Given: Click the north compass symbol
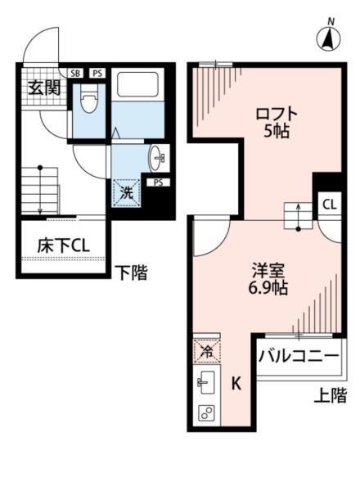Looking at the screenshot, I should [x=329, y=36].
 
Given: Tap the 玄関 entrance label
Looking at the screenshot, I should [x=46, y=88].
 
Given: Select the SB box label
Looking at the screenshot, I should [x=75, y=74].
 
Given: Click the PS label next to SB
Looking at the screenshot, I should [x=96, y=74].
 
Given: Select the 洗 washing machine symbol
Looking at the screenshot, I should [x=128, y=193].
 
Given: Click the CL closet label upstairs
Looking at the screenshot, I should [x=329, y=204].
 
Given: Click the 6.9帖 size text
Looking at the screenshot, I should [x=269, y=289].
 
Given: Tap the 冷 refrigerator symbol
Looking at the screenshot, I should [x=206, y=351].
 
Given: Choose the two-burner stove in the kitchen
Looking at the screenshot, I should [x=205, y=412].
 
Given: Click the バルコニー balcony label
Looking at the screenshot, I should [x=299, y=357].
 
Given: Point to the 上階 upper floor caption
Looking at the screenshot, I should [x=331, y=396].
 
